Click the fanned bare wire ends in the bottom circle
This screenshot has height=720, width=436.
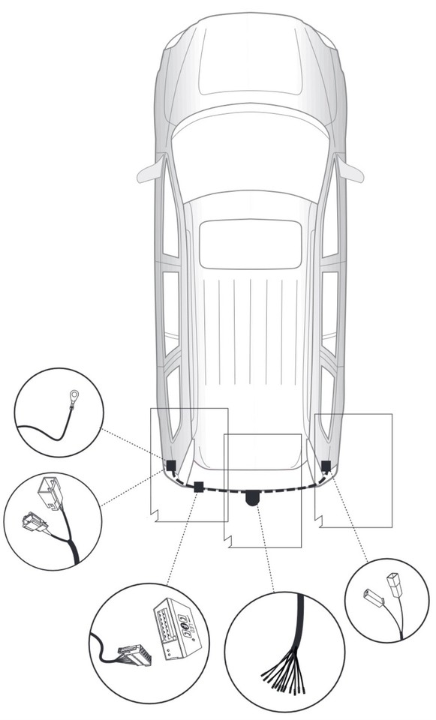[x=284, y=673]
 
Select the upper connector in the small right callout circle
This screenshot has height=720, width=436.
[x=395, y=582]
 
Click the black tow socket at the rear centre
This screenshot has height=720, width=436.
[x=252, y=497]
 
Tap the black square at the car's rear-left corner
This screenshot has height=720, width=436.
[x=171, y=466]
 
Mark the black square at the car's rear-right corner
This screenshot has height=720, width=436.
[x=326, y=466]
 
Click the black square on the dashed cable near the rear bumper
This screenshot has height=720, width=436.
[x=199, y=487]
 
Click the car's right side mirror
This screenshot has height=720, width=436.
[x=350, y=170]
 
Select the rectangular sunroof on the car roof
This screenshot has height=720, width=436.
[x=250, y=244]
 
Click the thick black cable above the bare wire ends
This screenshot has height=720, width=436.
[x=299, y=615]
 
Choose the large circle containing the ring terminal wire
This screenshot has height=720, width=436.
[x=59, y=412]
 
